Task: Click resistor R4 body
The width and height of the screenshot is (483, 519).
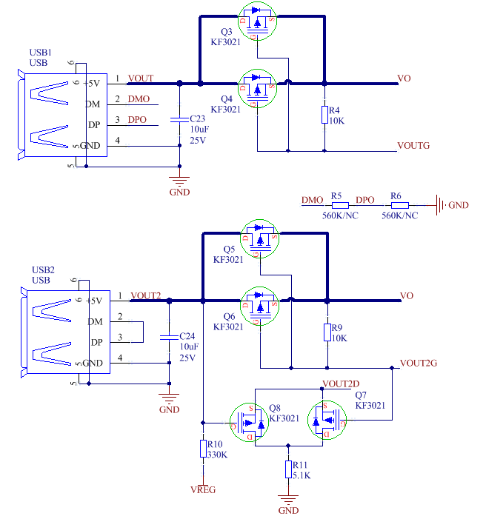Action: click(x=324, y=114)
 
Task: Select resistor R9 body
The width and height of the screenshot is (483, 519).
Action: click(x=327, y=331)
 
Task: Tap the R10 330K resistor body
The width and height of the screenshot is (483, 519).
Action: click(x=202, y=449)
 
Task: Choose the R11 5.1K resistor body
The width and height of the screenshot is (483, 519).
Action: click(x=288, y=469)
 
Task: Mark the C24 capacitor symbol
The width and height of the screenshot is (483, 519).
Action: click(x=170, y=338)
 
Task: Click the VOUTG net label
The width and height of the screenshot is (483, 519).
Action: click(x=413, y=146)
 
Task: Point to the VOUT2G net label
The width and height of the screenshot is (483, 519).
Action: click(x=419, y=364)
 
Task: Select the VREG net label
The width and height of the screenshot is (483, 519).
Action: click(x=202, y=489)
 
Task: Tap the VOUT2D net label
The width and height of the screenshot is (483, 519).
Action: click(x=341, y=384)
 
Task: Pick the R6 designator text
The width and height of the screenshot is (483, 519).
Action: click(x=396, y=196)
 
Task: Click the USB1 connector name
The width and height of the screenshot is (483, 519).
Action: click(x=40, y=53)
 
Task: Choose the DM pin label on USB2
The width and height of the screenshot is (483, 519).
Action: click(x=94, y=321)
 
